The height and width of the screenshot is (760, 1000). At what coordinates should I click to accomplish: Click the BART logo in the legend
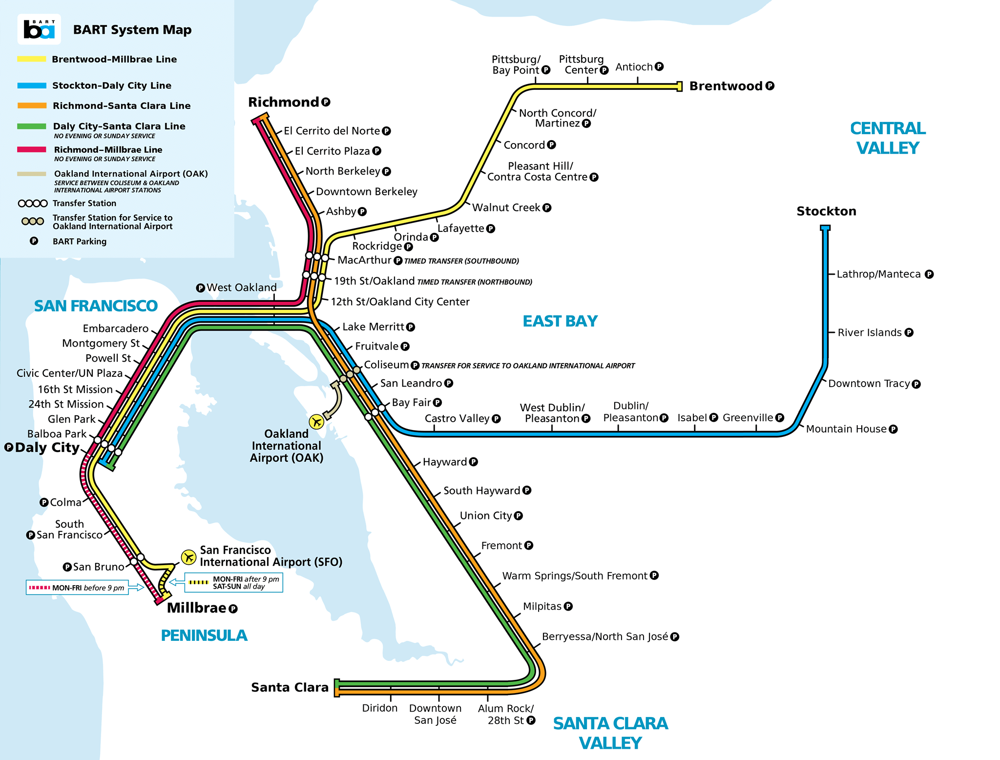coord(39,29)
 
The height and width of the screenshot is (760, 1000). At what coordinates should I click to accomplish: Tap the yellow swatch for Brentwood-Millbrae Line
coord(32,59)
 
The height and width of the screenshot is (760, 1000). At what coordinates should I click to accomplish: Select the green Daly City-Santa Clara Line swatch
coord(32,126)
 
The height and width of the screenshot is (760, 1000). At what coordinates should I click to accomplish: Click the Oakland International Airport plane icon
coord(316,421)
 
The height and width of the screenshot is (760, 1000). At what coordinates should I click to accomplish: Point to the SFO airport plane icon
coord(188,556)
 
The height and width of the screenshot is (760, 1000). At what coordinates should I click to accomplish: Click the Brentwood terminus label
coord(726,86)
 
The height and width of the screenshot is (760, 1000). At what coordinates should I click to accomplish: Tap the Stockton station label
coord(826,211)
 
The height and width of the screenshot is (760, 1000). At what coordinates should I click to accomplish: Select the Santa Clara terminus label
coord(290,687)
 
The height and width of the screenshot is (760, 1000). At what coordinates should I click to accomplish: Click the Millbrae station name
coord(196,608)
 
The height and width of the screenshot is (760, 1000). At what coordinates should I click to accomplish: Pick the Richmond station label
coord(283,103)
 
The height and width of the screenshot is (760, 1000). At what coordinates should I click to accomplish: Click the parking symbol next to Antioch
coord(659,66)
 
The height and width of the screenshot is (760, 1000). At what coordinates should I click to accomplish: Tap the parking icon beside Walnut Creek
coord(547,207)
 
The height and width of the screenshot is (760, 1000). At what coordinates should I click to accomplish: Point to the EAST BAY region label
coord(560,321)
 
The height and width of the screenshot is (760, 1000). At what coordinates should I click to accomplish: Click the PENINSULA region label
coord(204,636)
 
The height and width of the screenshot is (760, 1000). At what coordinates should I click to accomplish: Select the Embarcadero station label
coord(115,329)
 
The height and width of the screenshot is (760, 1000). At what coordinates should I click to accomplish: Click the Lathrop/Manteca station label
coord(878,274)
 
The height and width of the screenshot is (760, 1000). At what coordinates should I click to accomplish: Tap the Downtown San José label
coord(435,714)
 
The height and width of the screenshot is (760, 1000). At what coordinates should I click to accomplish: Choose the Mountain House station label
coord(846,429)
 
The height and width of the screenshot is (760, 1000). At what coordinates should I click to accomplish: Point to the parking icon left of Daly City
coord(9,447)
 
